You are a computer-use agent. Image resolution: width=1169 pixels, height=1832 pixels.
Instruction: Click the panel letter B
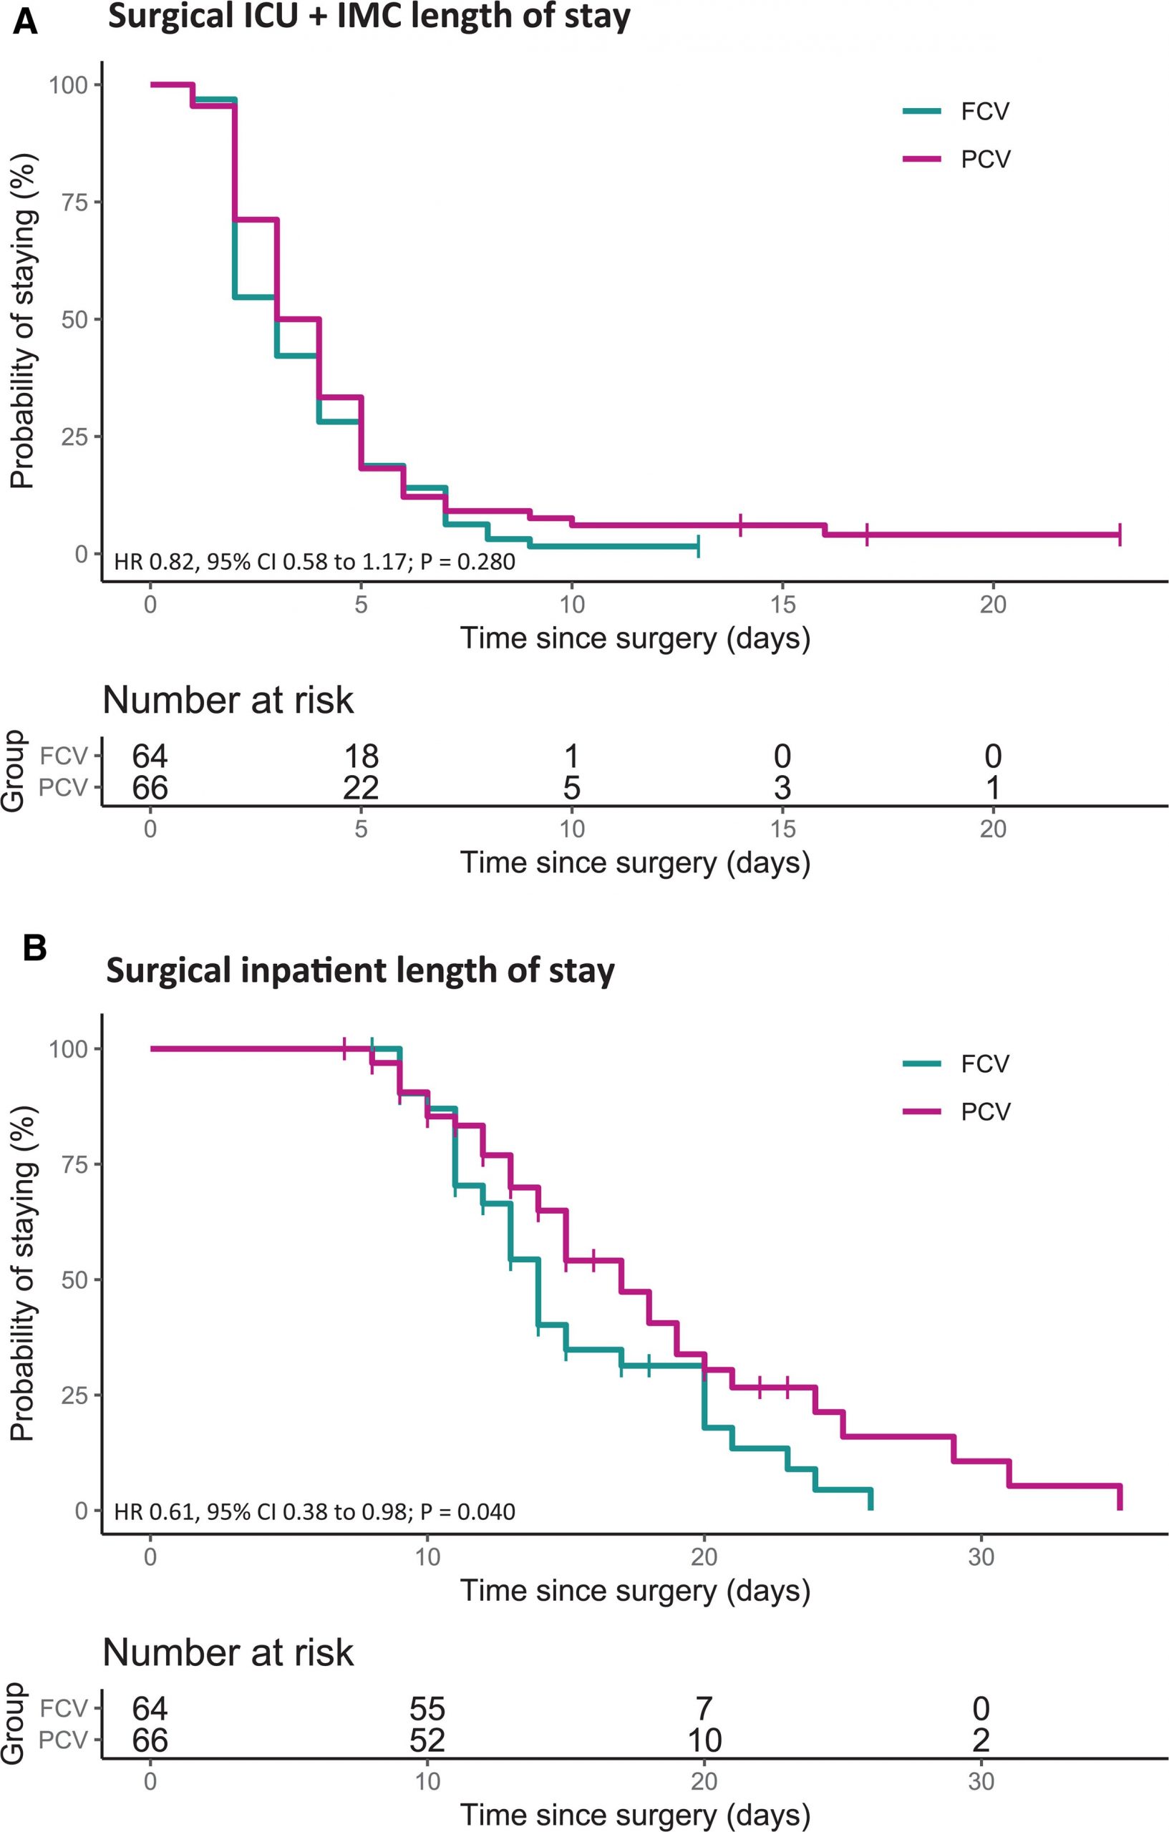35,949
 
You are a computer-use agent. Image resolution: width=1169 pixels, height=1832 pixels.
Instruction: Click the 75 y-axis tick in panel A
79,203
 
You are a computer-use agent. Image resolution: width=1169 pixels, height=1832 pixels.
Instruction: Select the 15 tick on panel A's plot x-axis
782,604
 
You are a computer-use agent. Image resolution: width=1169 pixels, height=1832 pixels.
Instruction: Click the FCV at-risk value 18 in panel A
361,756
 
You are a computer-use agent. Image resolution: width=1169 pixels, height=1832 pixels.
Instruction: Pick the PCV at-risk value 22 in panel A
361,787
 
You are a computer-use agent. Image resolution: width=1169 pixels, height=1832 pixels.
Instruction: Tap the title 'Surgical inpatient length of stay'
360,971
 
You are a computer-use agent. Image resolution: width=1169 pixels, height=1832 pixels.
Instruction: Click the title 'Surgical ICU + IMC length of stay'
369,16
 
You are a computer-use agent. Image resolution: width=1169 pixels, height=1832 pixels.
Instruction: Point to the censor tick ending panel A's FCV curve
698,546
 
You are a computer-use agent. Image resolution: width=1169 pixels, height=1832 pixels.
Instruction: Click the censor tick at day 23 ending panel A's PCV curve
1120,535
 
